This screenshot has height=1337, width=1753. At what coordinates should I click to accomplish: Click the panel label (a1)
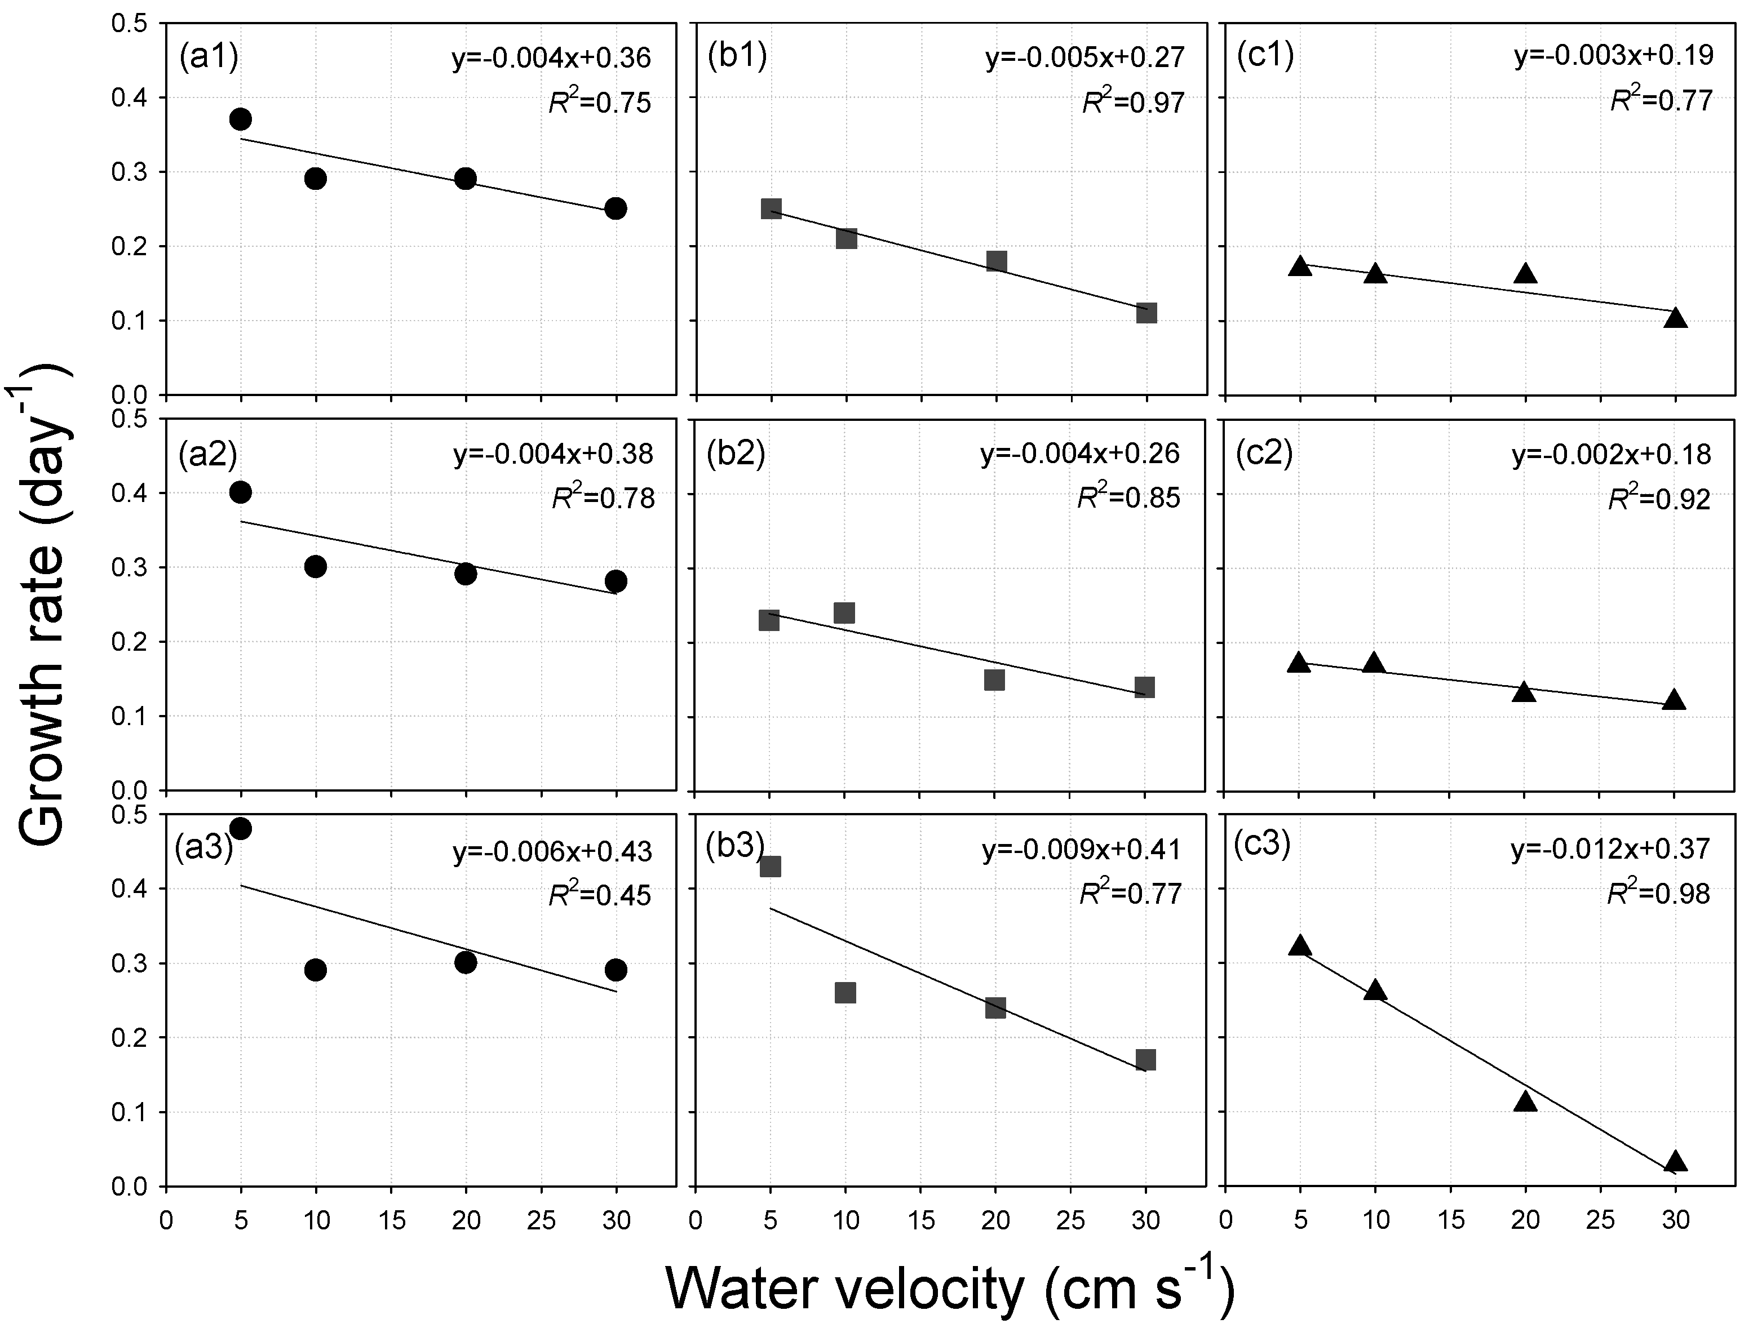click(209, 57)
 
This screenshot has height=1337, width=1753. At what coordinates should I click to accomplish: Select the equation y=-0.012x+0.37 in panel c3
click(1610, 849)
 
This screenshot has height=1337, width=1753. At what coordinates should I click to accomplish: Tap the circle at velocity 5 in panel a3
click(241, 828)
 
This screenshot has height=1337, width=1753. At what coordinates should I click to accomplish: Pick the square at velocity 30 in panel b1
click(1145, 313)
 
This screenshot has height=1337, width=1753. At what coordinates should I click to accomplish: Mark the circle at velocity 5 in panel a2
click(241, 492)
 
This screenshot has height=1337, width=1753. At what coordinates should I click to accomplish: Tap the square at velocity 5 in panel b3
click(770, 866)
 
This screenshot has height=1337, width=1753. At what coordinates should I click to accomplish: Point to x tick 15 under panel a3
click(391, 1220)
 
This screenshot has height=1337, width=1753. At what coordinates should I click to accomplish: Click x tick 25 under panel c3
click(1600, 1220)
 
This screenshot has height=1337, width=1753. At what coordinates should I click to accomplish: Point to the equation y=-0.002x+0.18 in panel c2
click(1610, 455)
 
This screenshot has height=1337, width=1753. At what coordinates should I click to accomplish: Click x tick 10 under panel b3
click(845, 1220)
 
